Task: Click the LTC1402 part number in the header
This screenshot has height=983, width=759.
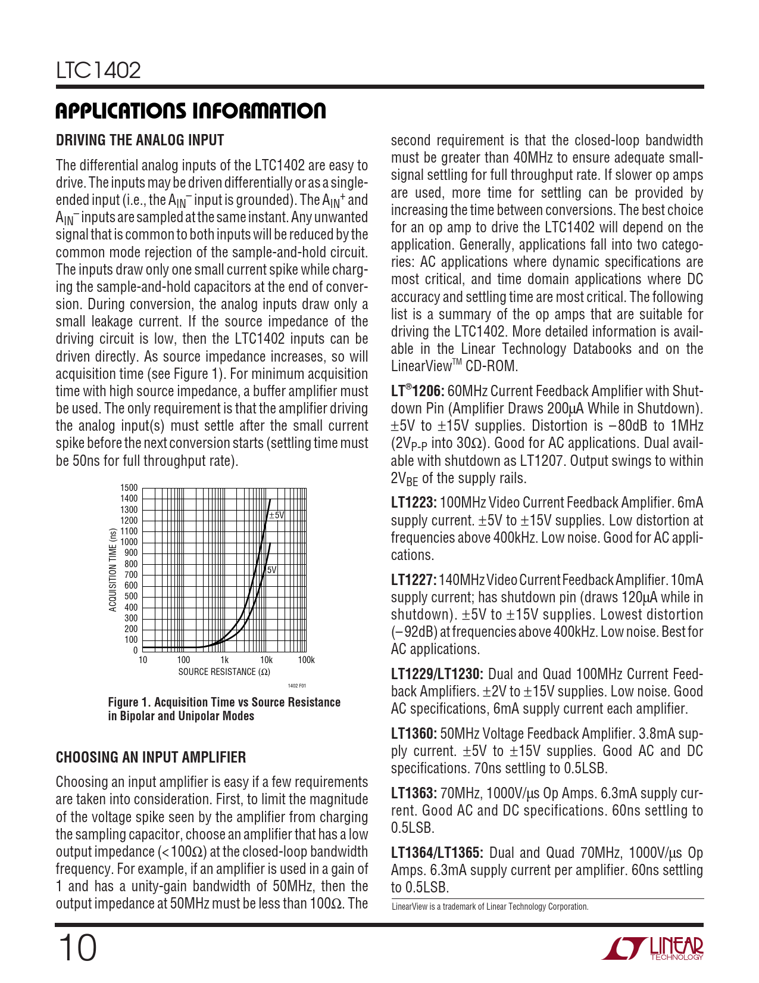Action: [x=98, y=71]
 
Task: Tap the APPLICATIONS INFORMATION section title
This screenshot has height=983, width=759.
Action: [x=190, y=111]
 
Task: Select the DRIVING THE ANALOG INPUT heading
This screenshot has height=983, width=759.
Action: [x=140, y=141]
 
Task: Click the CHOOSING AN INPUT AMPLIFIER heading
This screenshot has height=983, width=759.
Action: [x=151, y=757]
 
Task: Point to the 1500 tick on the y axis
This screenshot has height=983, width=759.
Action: [x=129, y=488]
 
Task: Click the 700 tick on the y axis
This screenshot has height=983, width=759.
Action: [x=131, y=575]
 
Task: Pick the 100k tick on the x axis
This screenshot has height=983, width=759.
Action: [x=306, y=660]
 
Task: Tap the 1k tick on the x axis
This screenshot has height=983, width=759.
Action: [x=224, y=660]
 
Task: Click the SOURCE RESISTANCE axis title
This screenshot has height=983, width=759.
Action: [x=224, y=672]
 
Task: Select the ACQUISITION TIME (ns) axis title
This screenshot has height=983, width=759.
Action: [x=113, y=570]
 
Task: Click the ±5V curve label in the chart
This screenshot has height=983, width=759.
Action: [x=277, y=515]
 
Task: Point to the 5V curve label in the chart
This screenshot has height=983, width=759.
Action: [x=271, y=570]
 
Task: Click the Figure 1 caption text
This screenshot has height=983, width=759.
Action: [x=224, y=709]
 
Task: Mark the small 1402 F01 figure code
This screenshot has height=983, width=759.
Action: [x=296, y=686]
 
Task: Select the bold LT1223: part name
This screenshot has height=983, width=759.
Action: [x=414, y=503]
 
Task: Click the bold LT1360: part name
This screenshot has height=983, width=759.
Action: [x=414, y=734]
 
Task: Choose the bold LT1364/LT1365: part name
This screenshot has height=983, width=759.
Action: [x=436, y=853]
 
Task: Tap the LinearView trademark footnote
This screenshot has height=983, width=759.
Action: [x=490, y=907]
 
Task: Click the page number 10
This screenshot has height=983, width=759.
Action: [x=77, y=948]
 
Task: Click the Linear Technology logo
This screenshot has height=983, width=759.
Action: [x=652, y=948]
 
